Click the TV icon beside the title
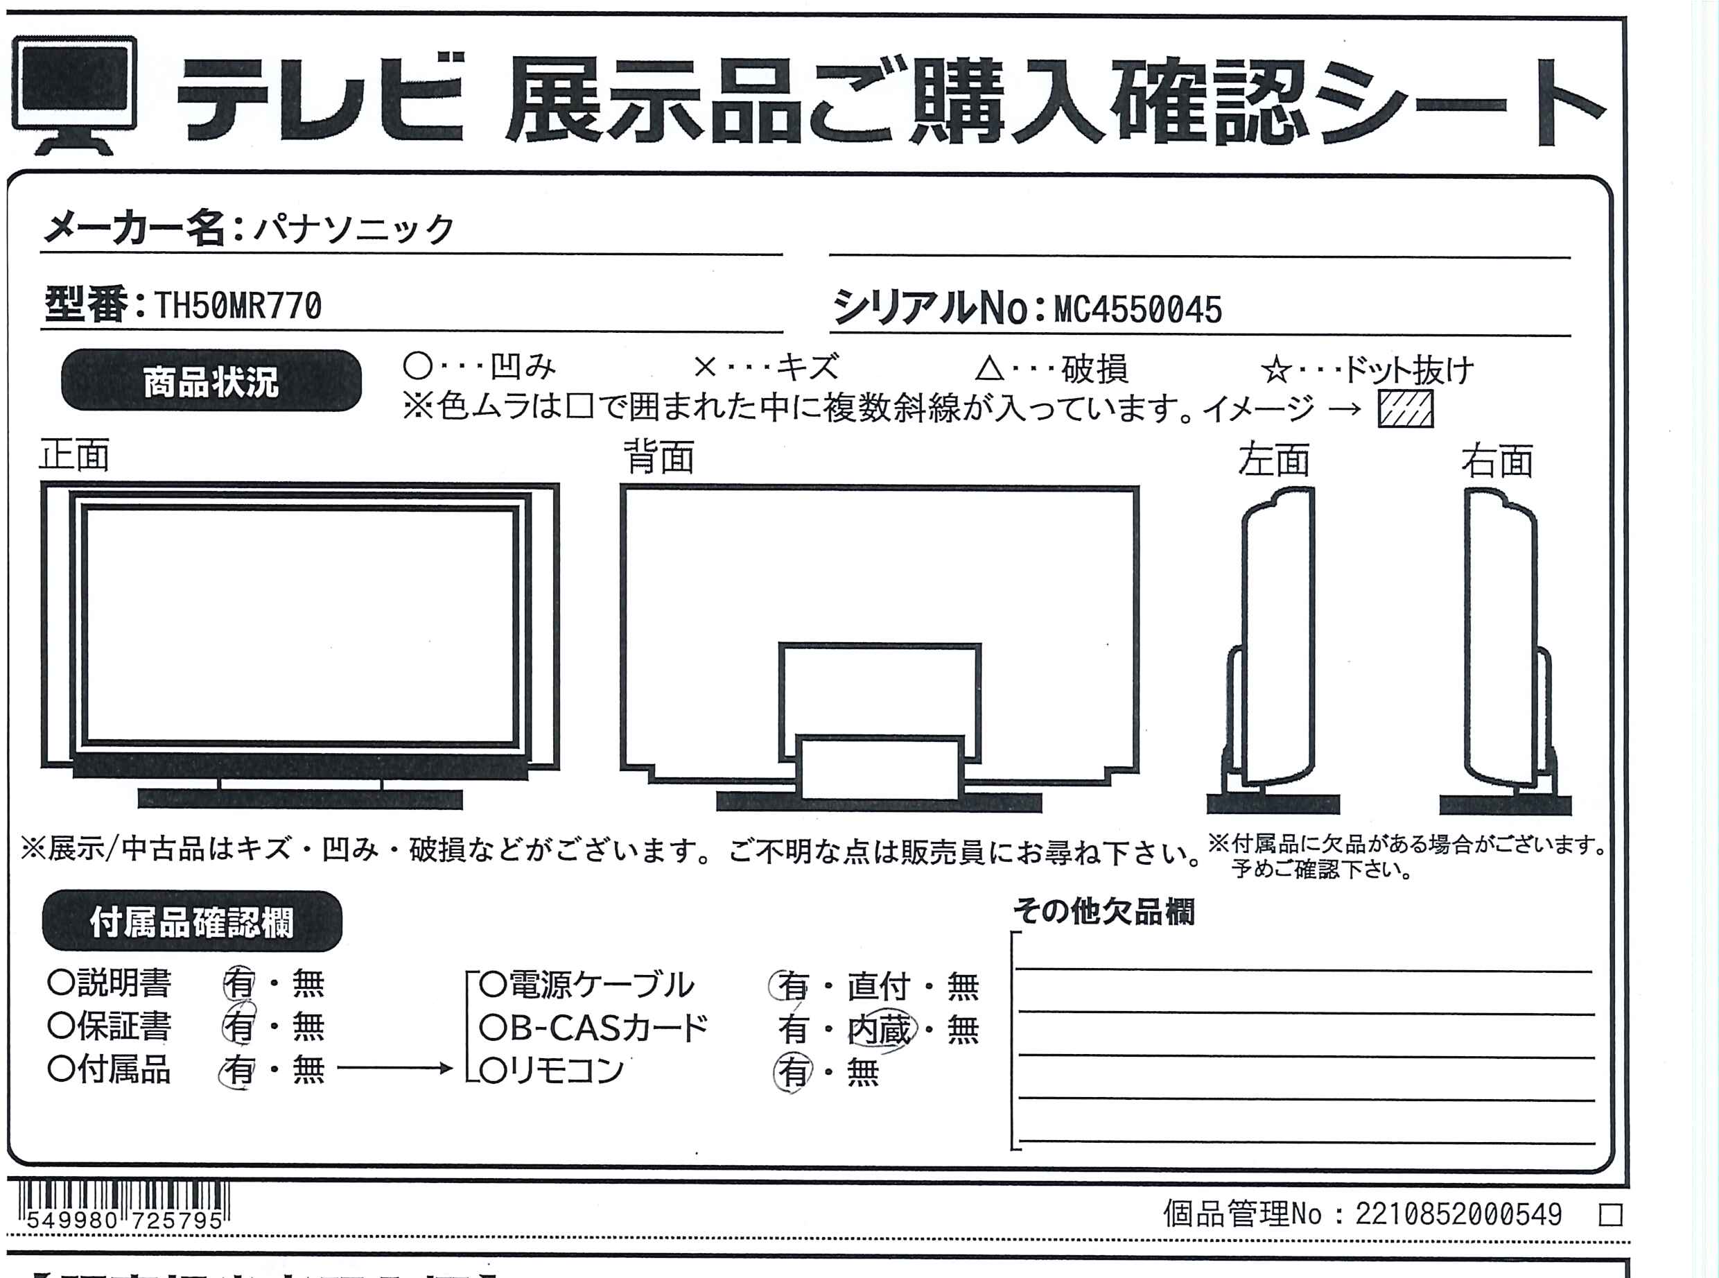[x=74, y=94]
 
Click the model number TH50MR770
[x=238, y=306]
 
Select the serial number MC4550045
[x=1137, y=309]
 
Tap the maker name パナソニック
[x=355, y=229]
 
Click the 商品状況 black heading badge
[x=211, y=381]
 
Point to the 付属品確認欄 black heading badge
[x=192, y=922]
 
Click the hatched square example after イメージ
[x=1405, y=408]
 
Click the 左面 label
[x=1273, y=460]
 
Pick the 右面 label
[x=1497, y=460]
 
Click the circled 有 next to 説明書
[x=239, y=983]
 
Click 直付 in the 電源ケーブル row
[x=878, y=986]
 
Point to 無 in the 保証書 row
[x=308, y=1026]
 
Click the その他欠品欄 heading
[x=1104, y=912]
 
